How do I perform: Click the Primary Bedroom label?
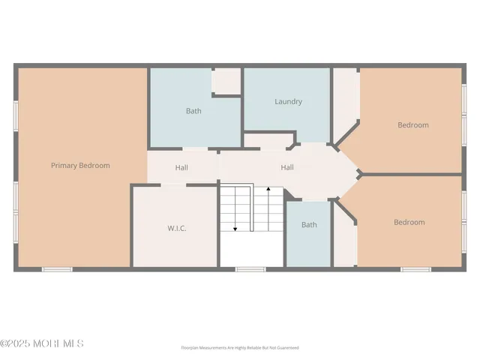[x=80, y=165]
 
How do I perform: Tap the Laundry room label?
[x=288, y=101]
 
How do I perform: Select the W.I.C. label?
[x=176, y=228]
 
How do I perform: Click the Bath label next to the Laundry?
[x=193, y=111]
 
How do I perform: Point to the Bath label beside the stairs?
[x=309, y=224]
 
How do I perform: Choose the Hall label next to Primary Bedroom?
[x=181, y=168]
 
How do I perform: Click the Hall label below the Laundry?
[x=287, y=167]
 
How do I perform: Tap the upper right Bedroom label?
[x=413, y=125]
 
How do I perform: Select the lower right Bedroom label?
[x=409, y=222]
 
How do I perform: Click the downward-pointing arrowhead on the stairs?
[x=235, y=228]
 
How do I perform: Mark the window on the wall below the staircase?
[x=250, y=268]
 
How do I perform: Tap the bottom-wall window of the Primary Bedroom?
[x=56, y=268]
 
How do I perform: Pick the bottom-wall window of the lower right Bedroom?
[x=415, y=268]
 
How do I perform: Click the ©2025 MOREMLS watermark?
[x=42, y=343]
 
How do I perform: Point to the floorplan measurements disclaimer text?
[x=240, y=348]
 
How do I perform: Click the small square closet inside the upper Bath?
[x=226, y=81]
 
